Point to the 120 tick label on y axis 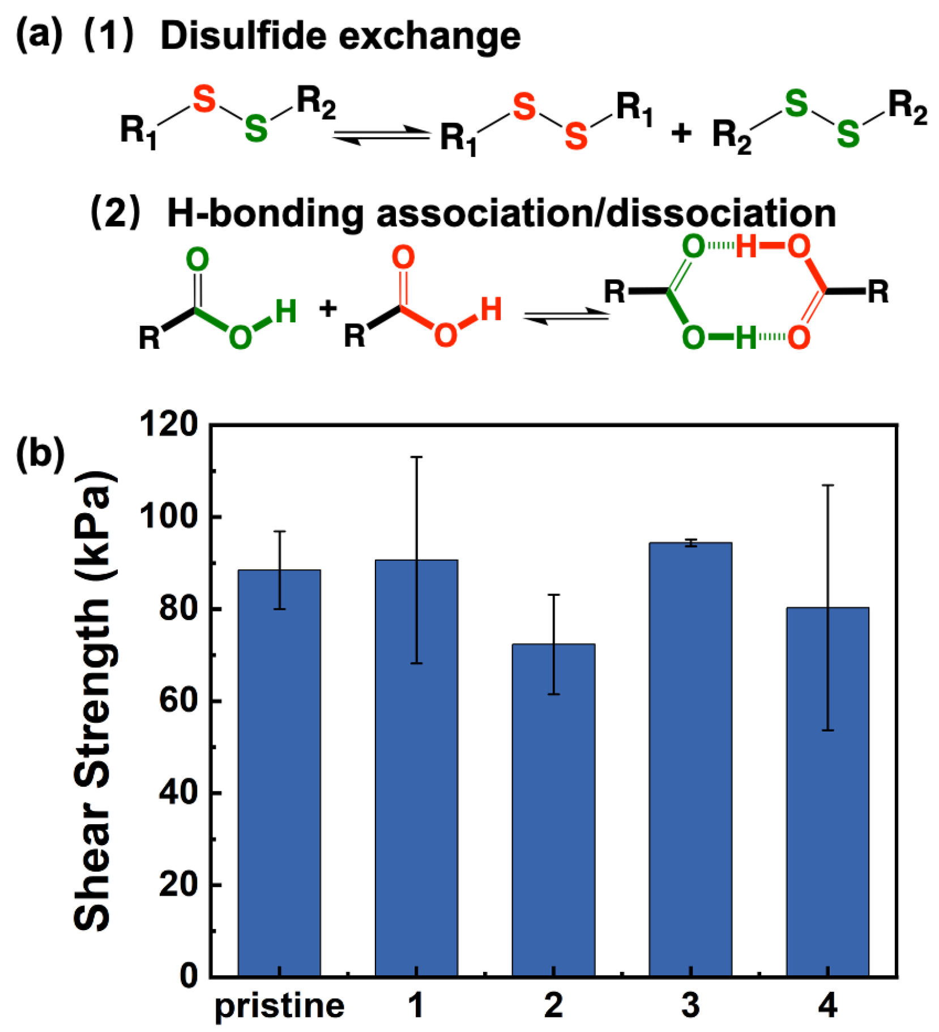[x=169, y=424]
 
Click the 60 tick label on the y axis [x=178, y=701]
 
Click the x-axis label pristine [x=279, y=1007]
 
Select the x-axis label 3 [x=690, y=1006]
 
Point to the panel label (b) [x=40, y=453]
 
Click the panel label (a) [x=39, y=35]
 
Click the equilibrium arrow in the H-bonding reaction [x=566, y=317]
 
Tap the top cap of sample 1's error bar [x=416, y=457]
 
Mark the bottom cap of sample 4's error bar [x=827, y=730]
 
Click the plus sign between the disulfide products [x=681, y=134]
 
